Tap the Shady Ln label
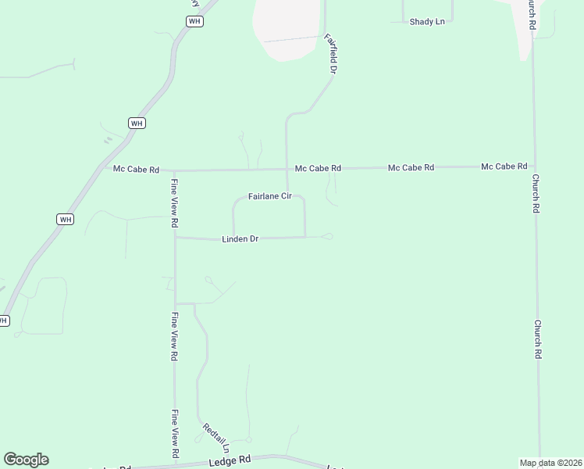point(427,22)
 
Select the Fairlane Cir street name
point(269,196)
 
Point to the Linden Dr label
point(240,238)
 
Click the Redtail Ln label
point(215,438)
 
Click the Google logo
point(26,460)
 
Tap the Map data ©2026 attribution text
point(551,463)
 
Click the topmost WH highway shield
point(195,21)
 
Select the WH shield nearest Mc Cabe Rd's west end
point(137,123)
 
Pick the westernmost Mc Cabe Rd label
point(136,169)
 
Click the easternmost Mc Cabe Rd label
point(504,166)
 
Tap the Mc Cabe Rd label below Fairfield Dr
point(318,168)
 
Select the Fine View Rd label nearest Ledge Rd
point(175,434)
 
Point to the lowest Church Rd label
point(538,338)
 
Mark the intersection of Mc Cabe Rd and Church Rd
point(534,166)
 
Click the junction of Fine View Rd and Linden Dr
point(176,238)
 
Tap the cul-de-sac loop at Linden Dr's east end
point(327,236)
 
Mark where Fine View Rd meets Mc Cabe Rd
point(174,170)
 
